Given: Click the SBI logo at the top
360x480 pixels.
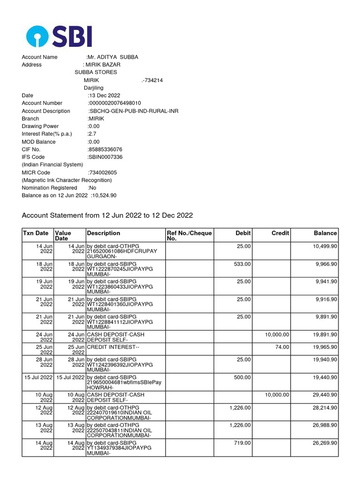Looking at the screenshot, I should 59,36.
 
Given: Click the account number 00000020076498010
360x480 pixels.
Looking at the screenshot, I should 115,103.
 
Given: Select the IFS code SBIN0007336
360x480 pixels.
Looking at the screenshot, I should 105,157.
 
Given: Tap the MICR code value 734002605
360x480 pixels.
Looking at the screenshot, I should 103,172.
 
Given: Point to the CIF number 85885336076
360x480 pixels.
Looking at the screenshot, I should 105,150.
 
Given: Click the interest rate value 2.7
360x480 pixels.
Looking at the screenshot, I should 92,134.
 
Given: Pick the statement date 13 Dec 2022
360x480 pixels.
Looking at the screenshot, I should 104,96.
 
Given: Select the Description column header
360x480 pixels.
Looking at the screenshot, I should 104,233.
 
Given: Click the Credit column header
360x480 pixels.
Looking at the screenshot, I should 280,233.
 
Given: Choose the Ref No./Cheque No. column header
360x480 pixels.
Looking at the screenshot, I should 189,236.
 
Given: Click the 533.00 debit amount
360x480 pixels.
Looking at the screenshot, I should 242,264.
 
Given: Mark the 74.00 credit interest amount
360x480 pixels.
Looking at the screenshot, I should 282,347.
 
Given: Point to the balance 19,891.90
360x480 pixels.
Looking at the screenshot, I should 325,335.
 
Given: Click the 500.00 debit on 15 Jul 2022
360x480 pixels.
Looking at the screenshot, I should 242,377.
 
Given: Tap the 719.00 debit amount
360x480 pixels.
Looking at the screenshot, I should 242,442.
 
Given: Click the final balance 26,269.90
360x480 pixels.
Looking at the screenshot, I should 325,442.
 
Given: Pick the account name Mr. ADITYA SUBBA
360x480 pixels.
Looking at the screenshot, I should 113,57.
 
